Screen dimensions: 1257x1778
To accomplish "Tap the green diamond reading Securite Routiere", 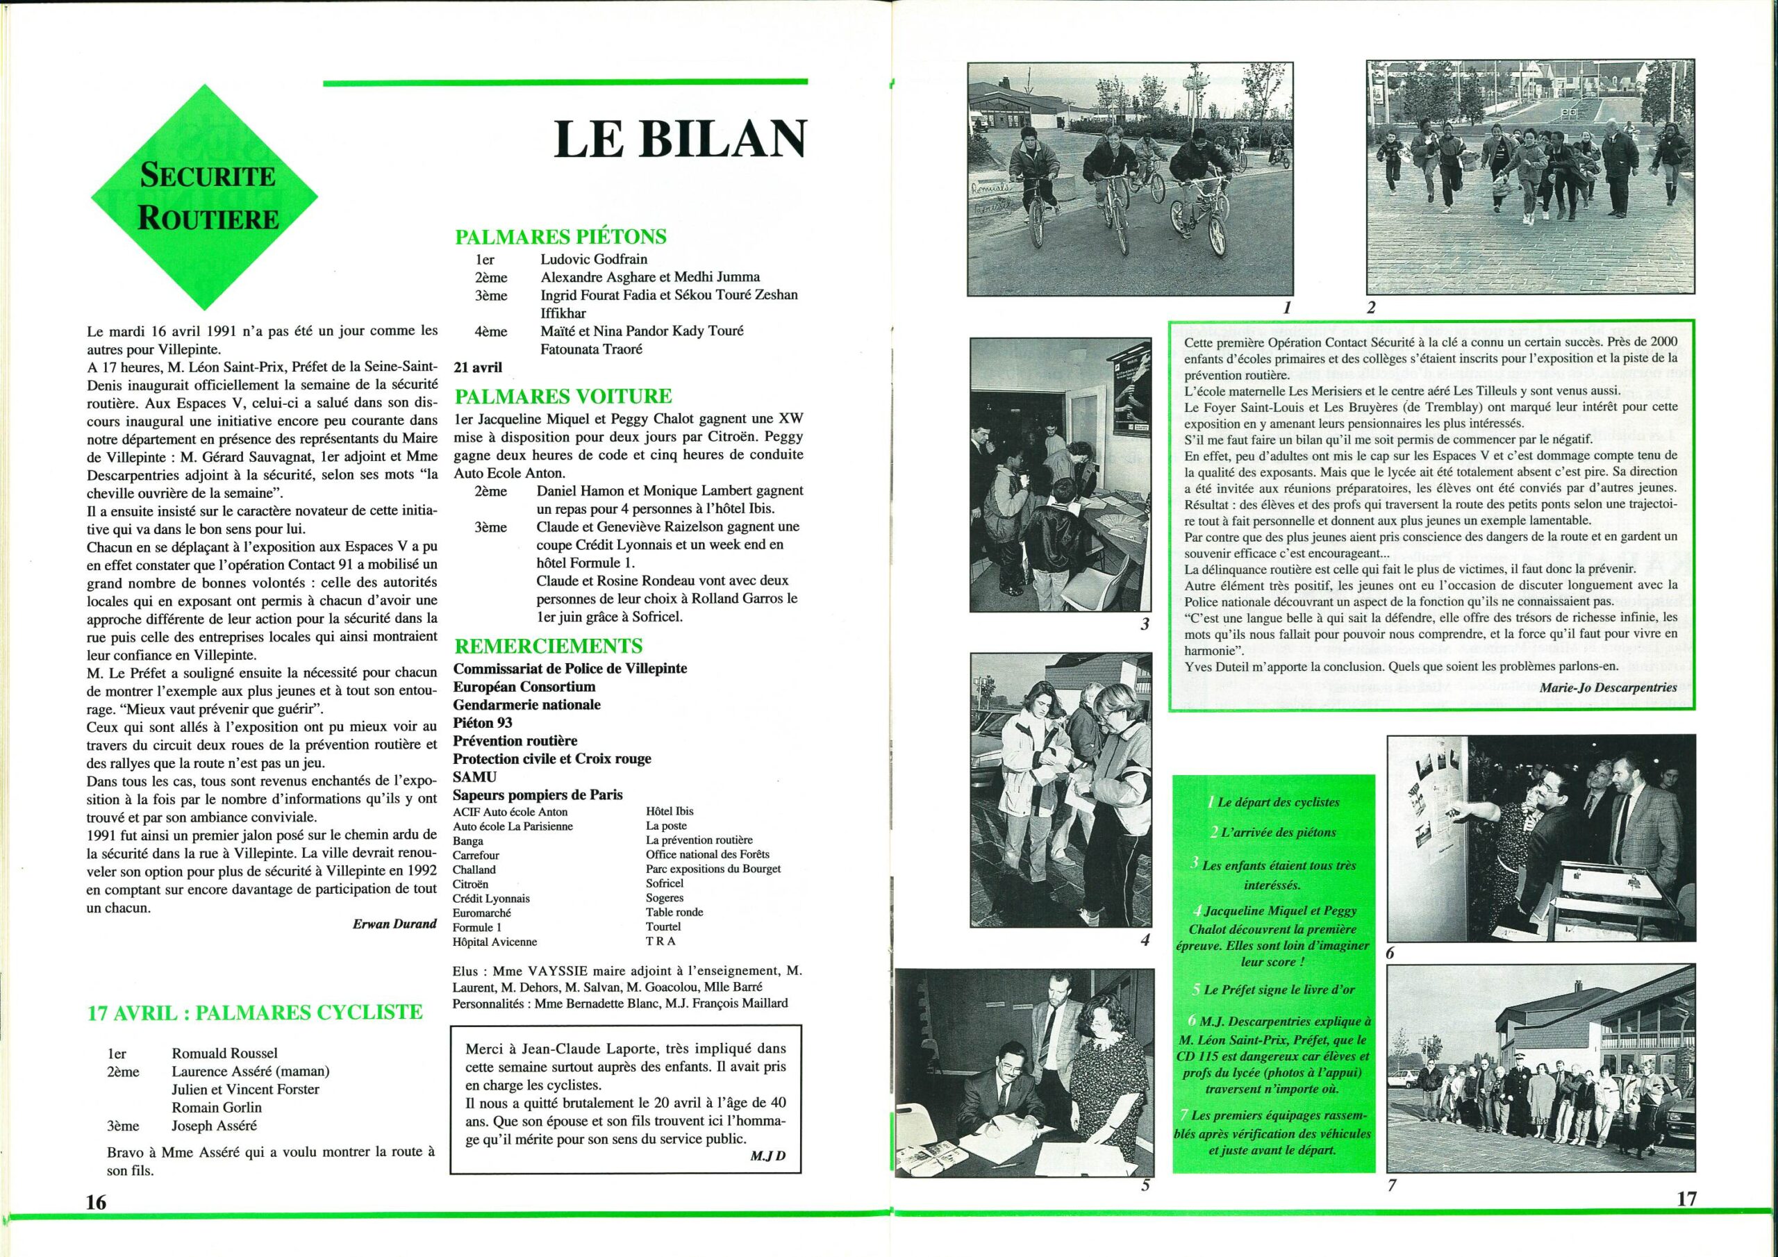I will [x=208, y=197].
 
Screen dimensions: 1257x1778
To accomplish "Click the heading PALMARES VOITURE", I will [x=563, y=396].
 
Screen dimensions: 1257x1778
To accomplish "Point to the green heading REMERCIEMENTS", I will [x=547, y=646].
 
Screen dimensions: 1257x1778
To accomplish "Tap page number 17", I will [x=1686, y=1198].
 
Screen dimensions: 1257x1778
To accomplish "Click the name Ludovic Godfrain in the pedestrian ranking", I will [x=594, y=258].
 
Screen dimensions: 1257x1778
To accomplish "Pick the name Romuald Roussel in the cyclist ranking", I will [x=224, y=1054].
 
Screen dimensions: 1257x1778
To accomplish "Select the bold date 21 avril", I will [x=477, y=368].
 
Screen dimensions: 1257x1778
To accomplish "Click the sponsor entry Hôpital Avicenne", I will [x=495, y=942].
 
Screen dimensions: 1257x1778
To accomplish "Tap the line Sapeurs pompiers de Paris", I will [x=538, y=794].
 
